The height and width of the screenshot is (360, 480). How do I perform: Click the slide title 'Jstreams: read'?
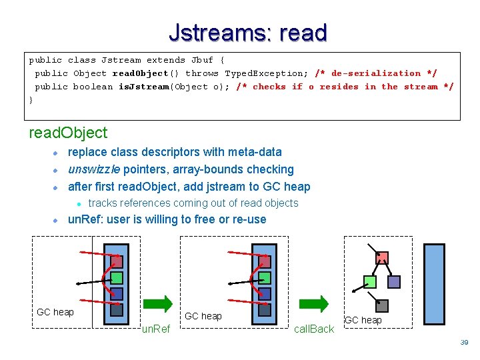pyautogui.click(x=247, y=32)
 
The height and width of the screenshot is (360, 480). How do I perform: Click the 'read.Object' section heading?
pyautogui.click(x=68, y=133)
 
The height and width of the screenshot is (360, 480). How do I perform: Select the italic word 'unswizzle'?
pyautogui.click(x=93, y=169)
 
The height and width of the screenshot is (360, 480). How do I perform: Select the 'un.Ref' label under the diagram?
pyautogui.click(x=157, y=329)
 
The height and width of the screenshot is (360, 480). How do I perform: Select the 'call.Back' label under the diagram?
pyautogui.click(x=314, y=329)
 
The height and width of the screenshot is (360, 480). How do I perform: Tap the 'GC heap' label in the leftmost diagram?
pyautogui.click(x=55, y=312)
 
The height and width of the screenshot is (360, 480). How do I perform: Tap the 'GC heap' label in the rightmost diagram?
pyautogui.click(x=363, y=320)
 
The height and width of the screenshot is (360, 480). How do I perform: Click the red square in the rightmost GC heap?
pyautogui.click(x=382, y=258)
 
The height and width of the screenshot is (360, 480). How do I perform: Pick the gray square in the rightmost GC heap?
pyautogui.click(x=382, y=306)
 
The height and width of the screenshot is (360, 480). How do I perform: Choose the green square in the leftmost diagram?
pyautogui.click(x=117, y=277)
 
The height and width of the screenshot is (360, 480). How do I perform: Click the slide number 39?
pyautogui.click(x=465, y=342)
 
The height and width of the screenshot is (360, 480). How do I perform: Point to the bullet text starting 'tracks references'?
pyautogui.click(x=193, y=203)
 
